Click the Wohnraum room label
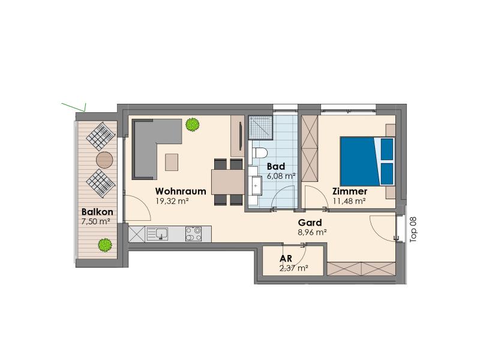(181, 191)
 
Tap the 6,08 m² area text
(281, 176)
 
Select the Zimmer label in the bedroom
(350, 191)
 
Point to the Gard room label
(310, 223)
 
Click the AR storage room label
(286, 259)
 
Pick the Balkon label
(97, 212)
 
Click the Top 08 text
(413, 230)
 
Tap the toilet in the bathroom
(260, 152)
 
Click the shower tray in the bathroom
(260, 127)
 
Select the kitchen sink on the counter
(157, 234)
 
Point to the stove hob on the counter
(193, 234)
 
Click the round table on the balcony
(104, 160)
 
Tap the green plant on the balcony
(105, 245)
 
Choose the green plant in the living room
(192, 125)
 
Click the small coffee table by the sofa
(172, 162)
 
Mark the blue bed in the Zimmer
(367, 161)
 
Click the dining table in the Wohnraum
(227, 182)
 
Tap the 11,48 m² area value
(349, 201)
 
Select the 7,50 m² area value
(96, 221)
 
